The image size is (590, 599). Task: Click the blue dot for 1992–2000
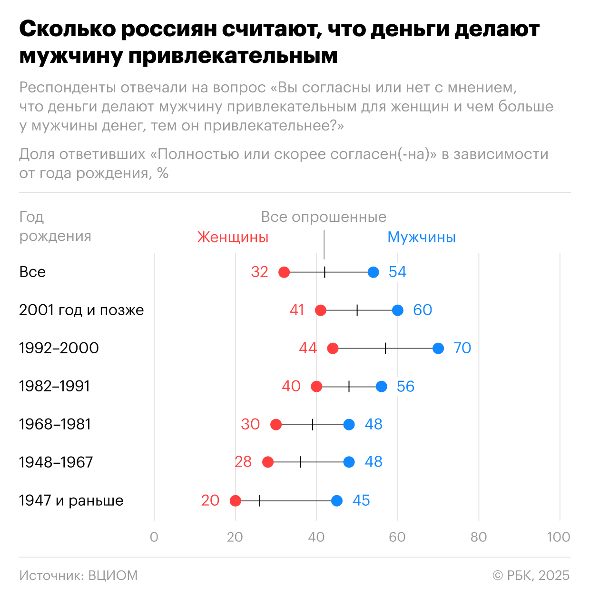438,348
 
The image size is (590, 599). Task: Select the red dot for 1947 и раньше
235,500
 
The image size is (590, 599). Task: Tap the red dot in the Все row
284,272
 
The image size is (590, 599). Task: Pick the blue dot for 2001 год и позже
398,310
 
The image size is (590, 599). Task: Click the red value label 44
308,348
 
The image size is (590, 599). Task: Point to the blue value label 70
462,348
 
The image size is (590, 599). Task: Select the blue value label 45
361,500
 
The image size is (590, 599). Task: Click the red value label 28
243,462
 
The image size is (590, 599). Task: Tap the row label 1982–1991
55,386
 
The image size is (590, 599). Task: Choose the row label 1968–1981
55,424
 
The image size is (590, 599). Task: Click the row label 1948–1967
56,462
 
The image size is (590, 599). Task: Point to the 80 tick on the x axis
479,537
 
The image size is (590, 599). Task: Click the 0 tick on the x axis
154,537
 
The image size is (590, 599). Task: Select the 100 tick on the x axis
559,537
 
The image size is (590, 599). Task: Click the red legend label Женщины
233,237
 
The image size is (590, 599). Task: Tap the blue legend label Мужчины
422,237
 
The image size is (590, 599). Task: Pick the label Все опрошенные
324,217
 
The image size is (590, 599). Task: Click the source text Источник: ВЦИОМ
79,575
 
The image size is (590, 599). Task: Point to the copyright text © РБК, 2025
531,575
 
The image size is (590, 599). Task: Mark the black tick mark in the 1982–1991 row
349,386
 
